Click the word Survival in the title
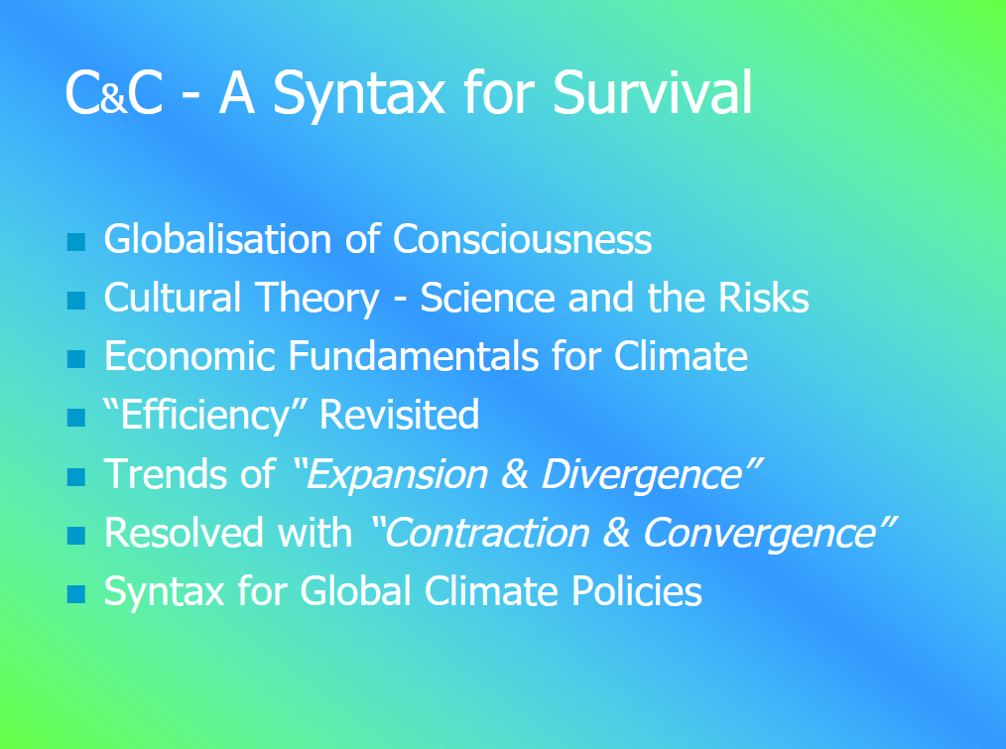pos(652,92)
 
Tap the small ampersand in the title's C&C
pos(114,101)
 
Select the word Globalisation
pos(217,239)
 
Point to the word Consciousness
pos(522,239)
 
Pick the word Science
pos(487,298)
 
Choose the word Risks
pos(764,298)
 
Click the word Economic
pos(189,356)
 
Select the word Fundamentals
pos(414,356)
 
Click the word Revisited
pos(399,415)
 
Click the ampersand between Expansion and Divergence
pos(515,474)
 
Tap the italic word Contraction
pos(487,533)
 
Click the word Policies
pos(637,590)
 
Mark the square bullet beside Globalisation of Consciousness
pos(76,242)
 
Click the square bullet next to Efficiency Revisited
pos(76,418)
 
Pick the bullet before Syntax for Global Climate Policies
pos(76,594)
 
